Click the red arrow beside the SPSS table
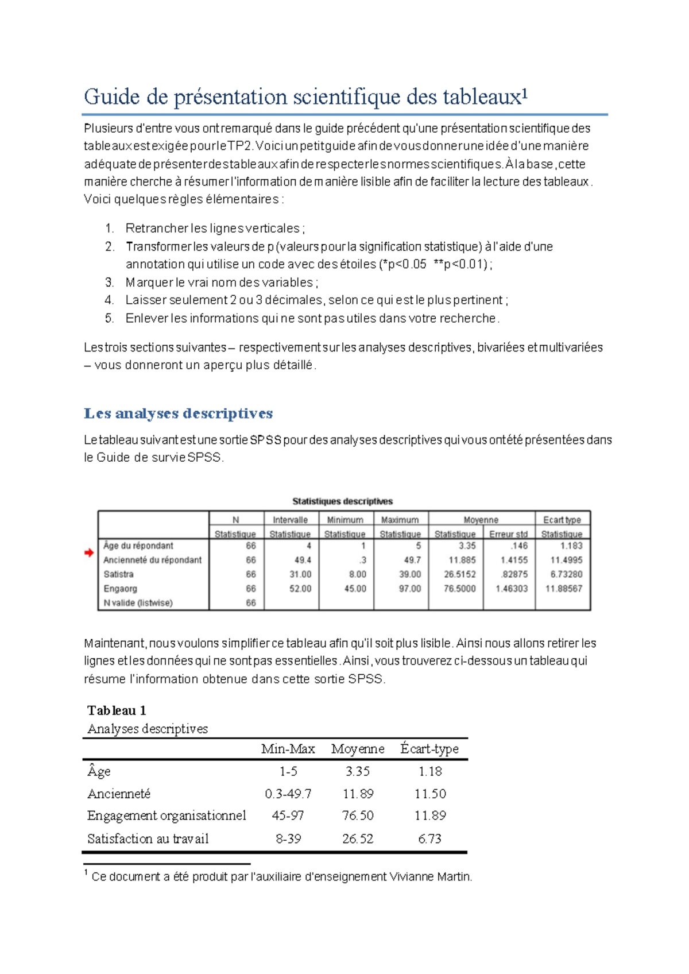(x=89, y=552)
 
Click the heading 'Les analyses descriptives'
(x=178, y=413)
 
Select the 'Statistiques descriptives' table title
(x=342, y=501)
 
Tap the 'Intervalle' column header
(x=290, y=520)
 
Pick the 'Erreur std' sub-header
(x=508, y=534)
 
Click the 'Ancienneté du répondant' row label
(x=152, y=560)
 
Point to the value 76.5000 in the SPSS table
(x=459, y=589)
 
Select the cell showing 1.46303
(x=512, y=589)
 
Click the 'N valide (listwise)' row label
(x=138, y=603)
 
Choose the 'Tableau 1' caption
(x=117, y=710)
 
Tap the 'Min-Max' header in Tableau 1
(x=288, y=749)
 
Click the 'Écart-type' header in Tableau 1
(x=429, y=749)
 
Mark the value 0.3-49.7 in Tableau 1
(x=288, y=794)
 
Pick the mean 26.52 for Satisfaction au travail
(x=358, y=838)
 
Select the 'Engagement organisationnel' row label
(x=167, y=815)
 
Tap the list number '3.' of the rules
(x=110, y=283)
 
